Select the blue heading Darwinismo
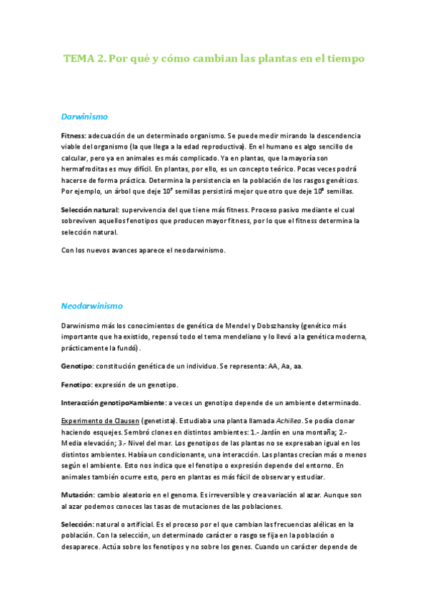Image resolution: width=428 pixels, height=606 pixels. tap(84, 115)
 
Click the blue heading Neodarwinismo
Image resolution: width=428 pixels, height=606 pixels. tap(92, 304)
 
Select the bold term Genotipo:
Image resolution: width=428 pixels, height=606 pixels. tap(77, 366)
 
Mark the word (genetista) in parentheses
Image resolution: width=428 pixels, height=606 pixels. tap(159, 421)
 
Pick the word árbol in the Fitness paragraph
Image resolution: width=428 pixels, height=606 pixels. tap(135, 192)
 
